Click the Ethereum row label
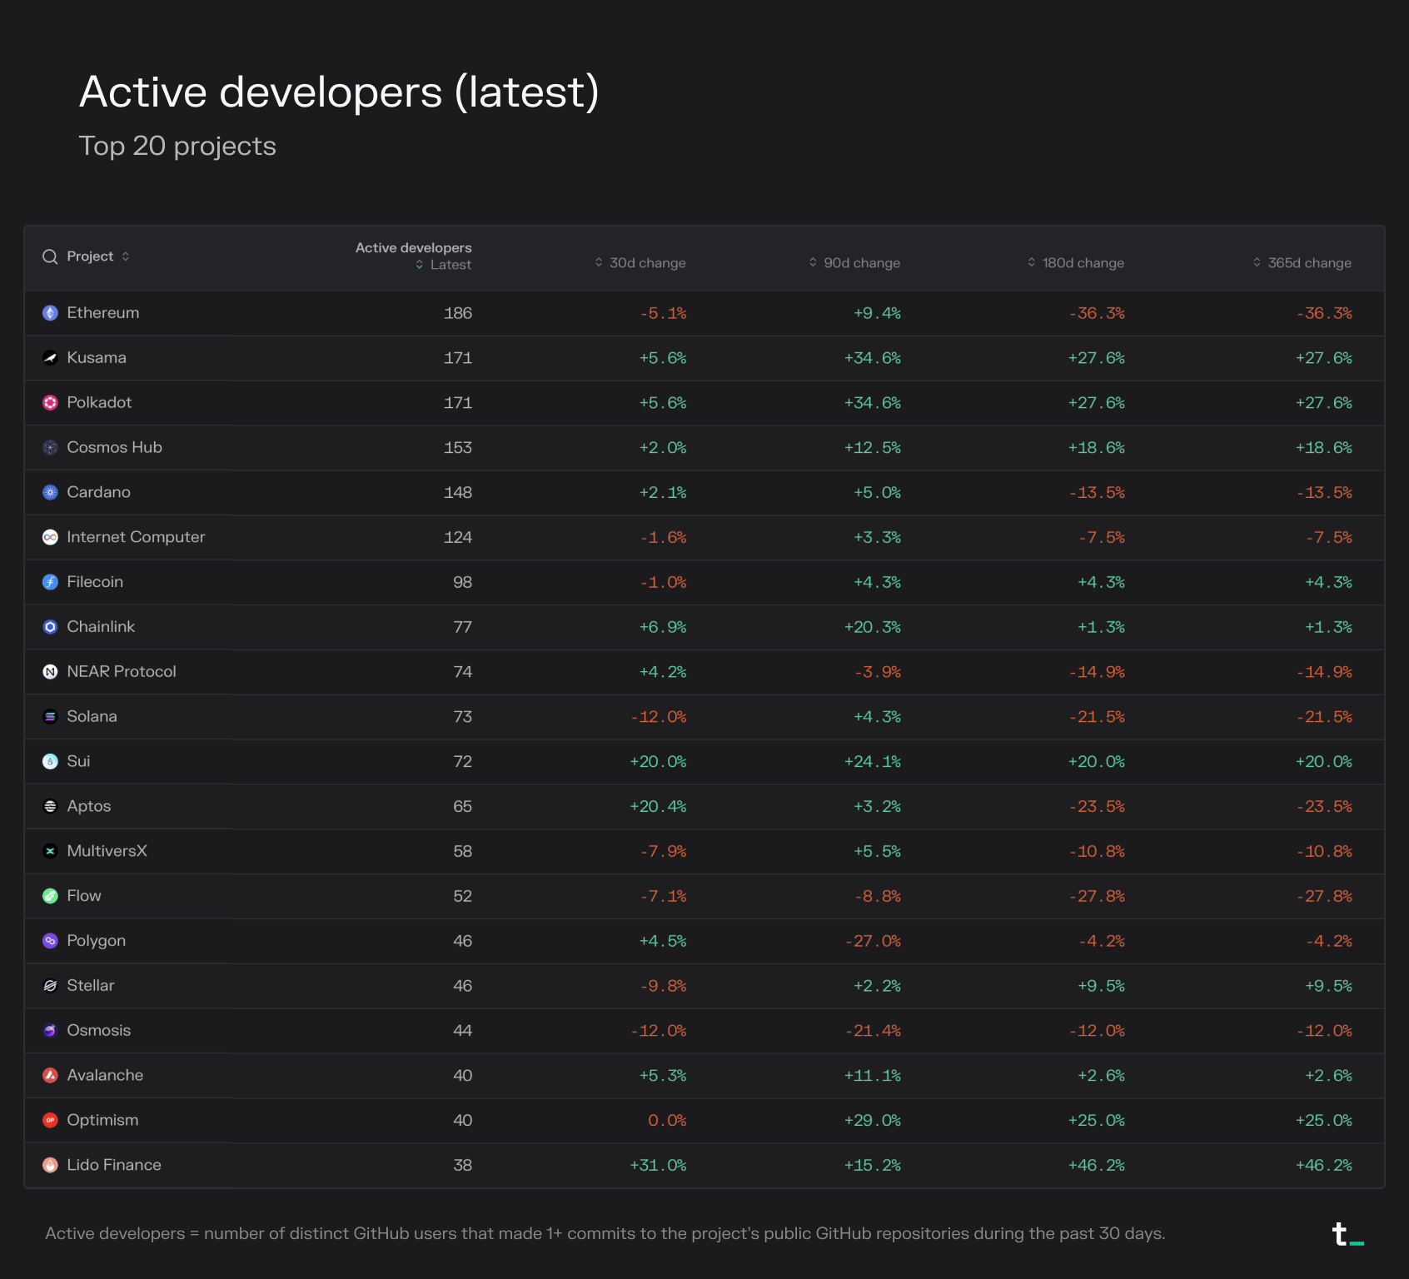pos(102,313)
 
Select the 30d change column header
pos(647,263)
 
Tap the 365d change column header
pos(1309,263)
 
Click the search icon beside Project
pos(50,256)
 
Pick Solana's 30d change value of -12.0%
pos(659,717)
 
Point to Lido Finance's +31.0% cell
pos(658,1165)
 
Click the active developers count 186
pos(457,313)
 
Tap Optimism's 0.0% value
pos(667,1121)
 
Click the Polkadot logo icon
pos(50,403)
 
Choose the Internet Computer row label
pos(136,537)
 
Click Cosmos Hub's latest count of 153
pos(457,448)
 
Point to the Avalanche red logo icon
pos(50,1076)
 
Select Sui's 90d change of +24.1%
pos(873,762)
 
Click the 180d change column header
pos(1083,263)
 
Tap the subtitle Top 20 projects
pos(177,146)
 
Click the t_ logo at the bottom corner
pos(1347,1234)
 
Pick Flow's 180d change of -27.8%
pos(1097,897)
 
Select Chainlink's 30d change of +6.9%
pos(663,627)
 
